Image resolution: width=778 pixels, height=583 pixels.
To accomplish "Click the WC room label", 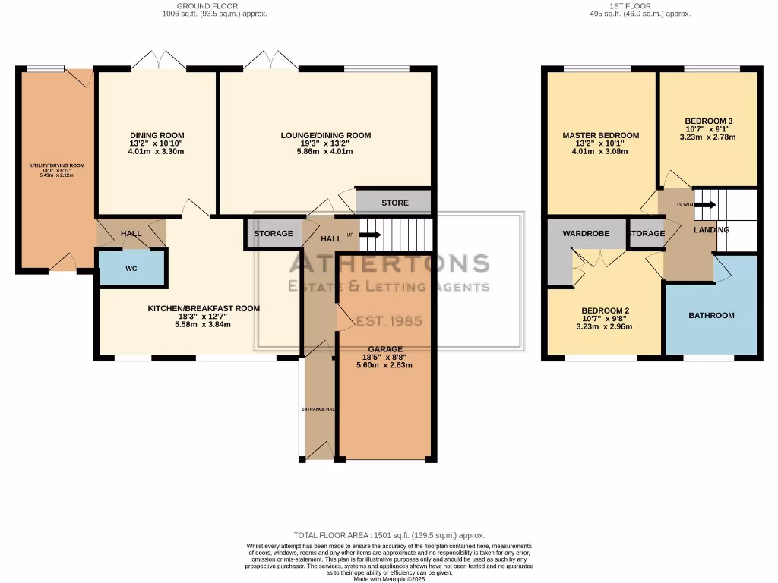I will click(x=131, y=269).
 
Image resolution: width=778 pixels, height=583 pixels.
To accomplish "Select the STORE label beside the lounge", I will click(x=394, y=203).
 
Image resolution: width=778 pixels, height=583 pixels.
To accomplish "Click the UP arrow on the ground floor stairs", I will click(x=370, y=235).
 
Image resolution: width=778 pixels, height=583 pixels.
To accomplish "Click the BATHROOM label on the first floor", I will click(x=711, y=315).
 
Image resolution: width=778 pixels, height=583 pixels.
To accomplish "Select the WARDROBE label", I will click(x=586, y=234).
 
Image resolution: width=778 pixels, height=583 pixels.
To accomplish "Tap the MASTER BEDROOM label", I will click(x=600, y=136).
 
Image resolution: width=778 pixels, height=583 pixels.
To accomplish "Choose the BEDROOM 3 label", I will click(x=708, y=121).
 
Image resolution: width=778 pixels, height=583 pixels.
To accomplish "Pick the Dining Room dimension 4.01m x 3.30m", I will click(x=156, y=152).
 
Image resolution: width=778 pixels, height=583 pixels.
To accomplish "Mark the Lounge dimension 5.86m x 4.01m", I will click(x=325, y=152).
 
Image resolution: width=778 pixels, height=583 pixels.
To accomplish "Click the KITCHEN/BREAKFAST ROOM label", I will click(x=204, y=309).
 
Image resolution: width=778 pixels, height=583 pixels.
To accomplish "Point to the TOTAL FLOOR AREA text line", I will click(x=388, y=536).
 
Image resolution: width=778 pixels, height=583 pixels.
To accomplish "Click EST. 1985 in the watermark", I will click(x=389, y=320).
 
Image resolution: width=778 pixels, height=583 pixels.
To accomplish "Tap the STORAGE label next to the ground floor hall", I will click(x=273, y=234).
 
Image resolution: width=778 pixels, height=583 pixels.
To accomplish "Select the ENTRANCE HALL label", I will click(x=318, y=409).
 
